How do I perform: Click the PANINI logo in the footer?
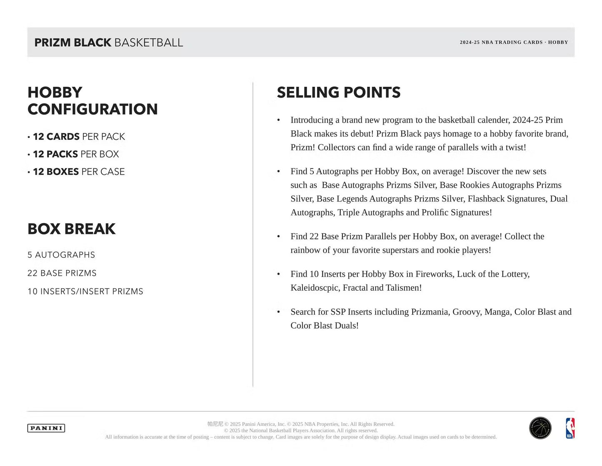46,428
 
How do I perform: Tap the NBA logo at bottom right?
570,428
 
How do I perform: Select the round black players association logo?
540,428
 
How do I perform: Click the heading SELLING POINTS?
338,92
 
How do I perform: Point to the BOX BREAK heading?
71,229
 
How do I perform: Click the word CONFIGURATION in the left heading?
92,109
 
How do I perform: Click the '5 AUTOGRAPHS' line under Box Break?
61,255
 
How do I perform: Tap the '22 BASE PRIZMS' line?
62,273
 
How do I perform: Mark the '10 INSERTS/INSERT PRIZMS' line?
85,292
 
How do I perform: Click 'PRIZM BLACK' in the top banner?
73,43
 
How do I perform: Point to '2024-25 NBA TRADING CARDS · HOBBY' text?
514,42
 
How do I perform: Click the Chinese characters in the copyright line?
215,424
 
